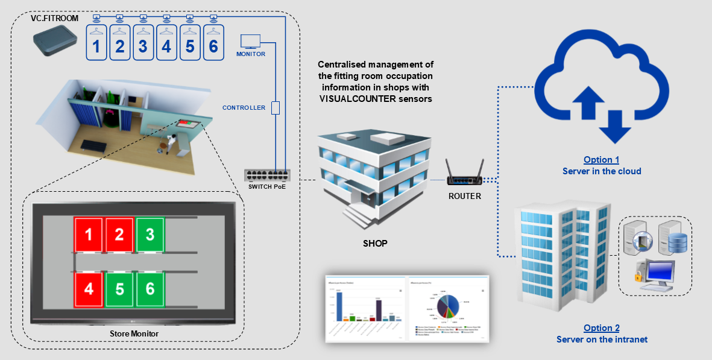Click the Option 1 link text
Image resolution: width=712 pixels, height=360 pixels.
point(601,160)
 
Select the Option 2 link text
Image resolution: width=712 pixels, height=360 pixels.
point(601,329)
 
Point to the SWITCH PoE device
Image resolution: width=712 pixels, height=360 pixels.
point(266,175)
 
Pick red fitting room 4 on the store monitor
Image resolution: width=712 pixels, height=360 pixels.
point(89,289)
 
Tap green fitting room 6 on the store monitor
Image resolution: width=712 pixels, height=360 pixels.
point(150,289)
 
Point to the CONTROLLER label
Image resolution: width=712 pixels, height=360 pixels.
point(244,108)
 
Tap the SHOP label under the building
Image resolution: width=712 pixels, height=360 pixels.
point(375,244)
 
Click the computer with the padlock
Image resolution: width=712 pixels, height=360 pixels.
point(654,274)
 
